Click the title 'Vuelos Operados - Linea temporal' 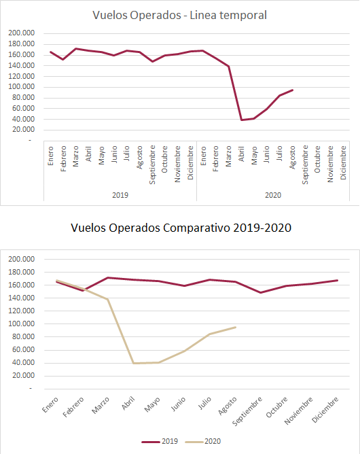click(179, 15)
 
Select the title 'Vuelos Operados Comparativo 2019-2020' click(181, 228)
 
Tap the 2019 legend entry click(160, 441)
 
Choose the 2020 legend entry click(203, 441)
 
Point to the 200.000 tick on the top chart click(22, 33)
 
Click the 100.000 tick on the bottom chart click(22, 324)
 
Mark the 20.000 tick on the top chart click(24, 130)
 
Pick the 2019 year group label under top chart click(120, 195)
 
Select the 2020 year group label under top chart click(273, 195)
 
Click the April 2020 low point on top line click(241, 120)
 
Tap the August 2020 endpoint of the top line click(293, 90)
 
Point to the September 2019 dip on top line click(153, 61)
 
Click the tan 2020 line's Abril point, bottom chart click(133, 363)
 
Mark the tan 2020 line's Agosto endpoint click(236, 327)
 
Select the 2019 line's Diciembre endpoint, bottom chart click(338, 280)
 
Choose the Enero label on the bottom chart click(50, 405)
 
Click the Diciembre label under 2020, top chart click(343, 162)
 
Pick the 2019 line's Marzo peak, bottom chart click(108, 278)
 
